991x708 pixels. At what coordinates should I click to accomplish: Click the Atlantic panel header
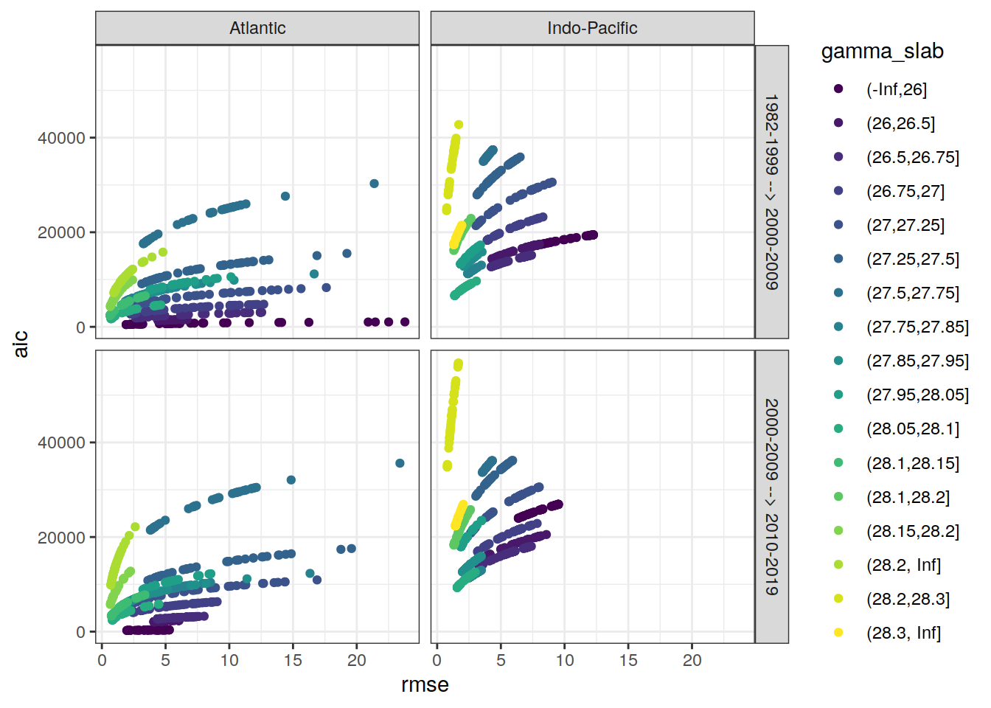pyautogui.click(x=257, y=28)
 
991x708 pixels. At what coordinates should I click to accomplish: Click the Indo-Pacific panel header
pyautogui.click(x=592, y=28)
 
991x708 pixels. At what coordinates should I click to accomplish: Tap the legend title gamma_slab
pyautogui.click(x=882, y=51)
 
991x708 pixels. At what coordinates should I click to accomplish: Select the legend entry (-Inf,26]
pyautogui.click(x=896, y=89)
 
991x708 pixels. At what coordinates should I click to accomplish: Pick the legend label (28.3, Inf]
pyautogui.click(x=903, y=633)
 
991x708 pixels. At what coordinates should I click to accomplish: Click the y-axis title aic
pyautogui.click(x=21, y=344)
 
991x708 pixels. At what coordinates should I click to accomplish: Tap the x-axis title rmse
pyautogui.click(x=425, y=685)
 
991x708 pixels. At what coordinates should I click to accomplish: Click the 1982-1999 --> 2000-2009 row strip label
pyautogui.click(x=771, y=192)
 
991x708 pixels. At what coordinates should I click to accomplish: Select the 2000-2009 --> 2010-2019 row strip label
pyautogui.click(x=771, y=496)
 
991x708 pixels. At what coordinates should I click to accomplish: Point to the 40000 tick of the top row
pyautogui.click(x=61, y=138)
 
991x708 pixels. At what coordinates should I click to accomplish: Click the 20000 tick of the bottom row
pyautogui.click(x=61, y=538)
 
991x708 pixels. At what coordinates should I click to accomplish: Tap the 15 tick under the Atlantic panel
pyautogui.click(x=293, y=661)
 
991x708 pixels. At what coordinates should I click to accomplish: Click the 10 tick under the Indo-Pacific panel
pyautogui.click(x=565, y=661)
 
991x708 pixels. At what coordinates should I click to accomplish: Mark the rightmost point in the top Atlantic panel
pyautogui.click(x=405, y=322)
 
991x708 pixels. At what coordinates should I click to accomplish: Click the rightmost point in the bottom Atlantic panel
pyautogui.click(x=400, y=463)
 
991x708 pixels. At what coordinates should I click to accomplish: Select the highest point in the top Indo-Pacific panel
pyautogui.click(x=459, y=125)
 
